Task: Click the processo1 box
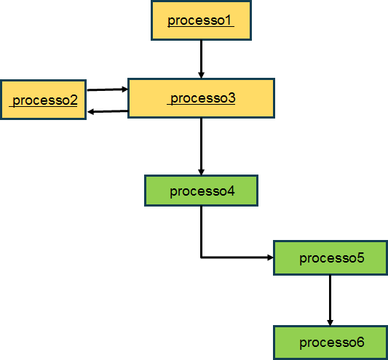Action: click(x=201, y=20)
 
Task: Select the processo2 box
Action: click(x=43, y=100)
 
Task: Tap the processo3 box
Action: click(x=201, y=98)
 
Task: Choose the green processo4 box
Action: click(x=201, y=191)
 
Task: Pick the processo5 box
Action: click(x=330, y=258)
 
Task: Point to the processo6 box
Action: click(x=330, y=343)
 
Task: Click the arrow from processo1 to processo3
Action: click(x=201, y=60)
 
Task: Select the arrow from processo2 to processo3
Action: click(x=108, y=89)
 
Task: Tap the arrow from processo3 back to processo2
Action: click(x=108, y=111)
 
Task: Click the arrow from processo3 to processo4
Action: click(x=201, y=147)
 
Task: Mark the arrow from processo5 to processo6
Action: click(x=330, y=300)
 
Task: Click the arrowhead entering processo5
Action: click(x=270, y=257)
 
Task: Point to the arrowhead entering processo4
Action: click(x=201, y=172)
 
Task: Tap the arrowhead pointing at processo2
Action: click(x=90, y=112)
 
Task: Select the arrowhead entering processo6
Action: click(x=330, y=323)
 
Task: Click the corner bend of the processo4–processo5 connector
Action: click(x=201, y=257)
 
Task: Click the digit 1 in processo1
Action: click(x=228, y=20)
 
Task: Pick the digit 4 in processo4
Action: click(x=231, y=191)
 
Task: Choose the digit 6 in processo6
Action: click(x=360, y=343)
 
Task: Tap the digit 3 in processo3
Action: click(x=231, y=98)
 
